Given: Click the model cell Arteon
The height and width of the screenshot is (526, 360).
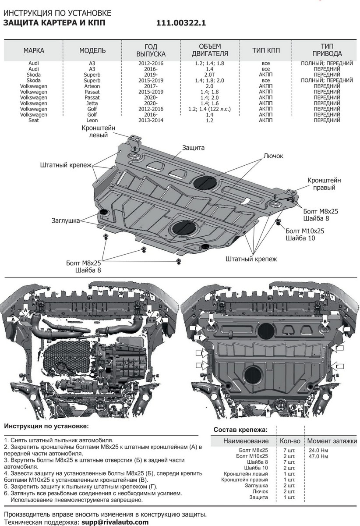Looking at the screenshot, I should (x=92, y=86).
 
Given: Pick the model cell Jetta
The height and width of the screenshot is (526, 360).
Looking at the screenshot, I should (x=92, y=103).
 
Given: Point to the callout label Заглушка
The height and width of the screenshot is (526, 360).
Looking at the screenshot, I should (x=65, y=221).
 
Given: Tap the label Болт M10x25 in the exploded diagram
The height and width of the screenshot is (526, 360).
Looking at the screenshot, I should (x=305, y=231).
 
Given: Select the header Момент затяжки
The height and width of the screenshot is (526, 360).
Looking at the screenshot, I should (x=330, y=441).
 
